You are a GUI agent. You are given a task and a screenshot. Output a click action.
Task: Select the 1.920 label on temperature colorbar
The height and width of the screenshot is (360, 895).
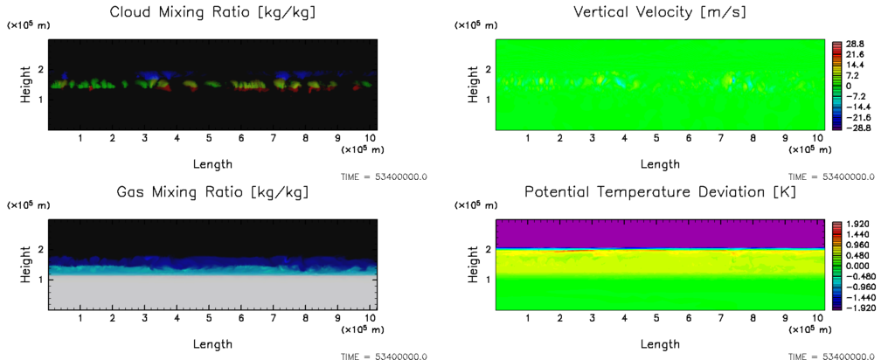pos(857,223)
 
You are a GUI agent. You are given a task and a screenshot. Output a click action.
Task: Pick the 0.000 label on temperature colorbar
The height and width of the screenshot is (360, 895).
pos(857,265)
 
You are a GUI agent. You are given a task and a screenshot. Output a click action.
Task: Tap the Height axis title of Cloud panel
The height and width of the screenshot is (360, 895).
pos(25,85)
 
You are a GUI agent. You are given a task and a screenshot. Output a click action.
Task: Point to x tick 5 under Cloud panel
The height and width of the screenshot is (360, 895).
pos(209,139)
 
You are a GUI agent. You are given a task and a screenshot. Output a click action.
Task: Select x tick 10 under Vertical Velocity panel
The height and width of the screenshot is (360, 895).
pos(813,139)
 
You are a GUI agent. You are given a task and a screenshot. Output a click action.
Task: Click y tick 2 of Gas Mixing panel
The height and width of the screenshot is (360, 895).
pos(40,249)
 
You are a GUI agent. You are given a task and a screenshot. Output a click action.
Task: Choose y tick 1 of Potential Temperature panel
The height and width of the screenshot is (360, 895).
pos(488,279)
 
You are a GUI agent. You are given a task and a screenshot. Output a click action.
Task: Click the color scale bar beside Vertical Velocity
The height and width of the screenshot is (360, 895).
pos(834,86)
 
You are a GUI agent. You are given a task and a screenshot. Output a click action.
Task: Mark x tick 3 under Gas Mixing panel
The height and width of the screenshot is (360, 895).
pos(144,319)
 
